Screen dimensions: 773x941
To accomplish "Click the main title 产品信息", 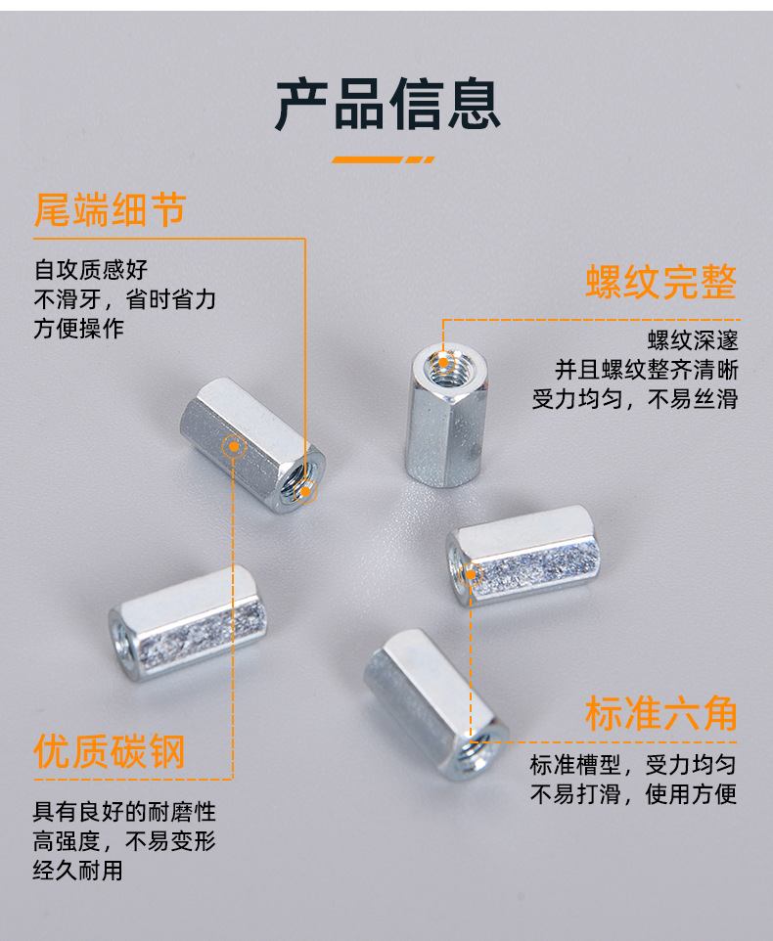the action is (x=387, y=105).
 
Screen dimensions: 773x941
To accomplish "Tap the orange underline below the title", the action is (x=383, y=159).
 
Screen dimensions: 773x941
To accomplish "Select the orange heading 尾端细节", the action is (x=110, y=210).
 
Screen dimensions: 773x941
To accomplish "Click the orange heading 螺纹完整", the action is (x=660, y=282).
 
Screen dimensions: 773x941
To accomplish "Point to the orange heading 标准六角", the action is (x=660, y=713).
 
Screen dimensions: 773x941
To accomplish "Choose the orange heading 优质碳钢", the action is (x=110, y=751).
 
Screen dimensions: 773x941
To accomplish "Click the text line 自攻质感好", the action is (x=91, y=269).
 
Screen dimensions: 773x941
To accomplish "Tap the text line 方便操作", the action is (x=78, y=329).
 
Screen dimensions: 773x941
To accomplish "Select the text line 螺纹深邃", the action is (x=693, y=340).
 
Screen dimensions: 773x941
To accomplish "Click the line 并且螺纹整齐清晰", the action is (x=647, y=370).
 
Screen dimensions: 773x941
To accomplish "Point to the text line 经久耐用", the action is (x=78, y=871).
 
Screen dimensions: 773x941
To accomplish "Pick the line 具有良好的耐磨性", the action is (x=124, y=812).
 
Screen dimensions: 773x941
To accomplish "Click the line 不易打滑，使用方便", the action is (x=633, y=794).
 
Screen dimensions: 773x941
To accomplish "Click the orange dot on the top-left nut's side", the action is (x=234, y=446).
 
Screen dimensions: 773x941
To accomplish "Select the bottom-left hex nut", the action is (x=187, y=623).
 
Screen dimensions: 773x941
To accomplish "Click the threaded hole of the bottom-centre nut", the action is (x=476, y=751).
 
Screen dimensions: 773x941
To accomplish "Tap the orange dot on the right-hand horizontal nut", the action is (x=471, y=575).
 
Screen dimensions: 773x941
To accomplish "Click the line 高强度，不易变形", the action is (x=124, y=841).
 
